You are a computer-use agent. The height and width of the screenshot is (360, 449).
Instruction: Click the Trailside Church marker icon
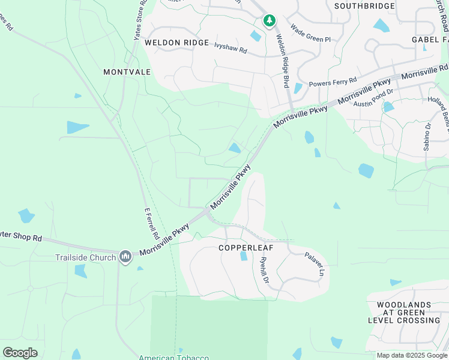[125, 257]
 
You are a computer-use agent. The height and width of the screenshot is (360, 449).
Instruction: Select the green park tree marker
[270, 21]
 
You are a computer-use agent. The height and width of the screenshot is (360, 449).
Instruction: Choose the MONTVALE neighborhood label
[127, 71]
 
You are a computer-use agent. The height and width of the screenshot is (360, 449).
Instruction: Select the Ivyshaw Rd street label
[231, 47]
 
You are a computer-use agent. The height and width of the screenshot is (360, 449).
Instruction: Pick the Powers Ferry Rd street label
[333, 81]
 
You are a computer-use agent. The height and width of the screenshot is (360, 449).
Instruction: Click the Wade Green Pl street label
[310, 33]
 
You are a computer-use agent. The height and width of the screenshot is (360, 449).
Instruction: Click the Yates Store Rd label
[140, 21]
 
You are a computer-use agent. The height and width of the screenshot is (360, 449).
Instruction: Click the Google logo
[20, 353]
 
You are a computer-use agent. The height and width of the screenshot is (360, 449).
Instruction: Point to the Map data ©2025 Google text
[412, 355]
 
